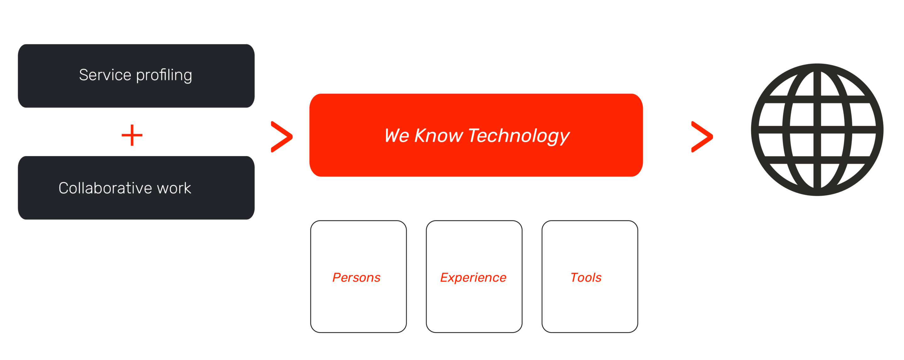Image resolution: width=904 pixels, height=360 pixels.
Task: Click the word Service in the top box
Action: tap(105, 75)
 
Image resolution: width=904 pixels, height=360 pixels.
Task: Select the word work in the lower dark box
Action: tap(174, 188)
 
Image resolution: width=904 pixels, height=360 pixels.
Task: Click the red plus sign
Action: tap(132, 135)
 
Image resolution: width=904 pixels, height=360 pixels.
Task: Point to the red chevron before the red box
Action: tap(282, 137)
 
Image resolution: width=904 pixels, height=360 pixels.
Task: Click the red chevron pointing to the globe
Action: tap(702, 137)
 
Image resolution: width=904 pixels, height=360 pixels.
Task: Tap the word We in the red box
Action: tap(397, 136)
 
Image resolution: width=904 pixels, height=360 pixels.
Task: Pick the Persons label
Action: tap(356, 277)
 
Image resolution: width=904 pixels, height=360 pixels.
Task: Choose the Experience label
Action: tap(473, 278)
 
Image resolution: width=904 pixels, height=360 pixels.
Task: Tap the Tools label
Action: tap(586, 277)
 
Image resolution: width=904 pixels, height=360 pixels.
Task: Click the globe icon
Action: tap(817, 130)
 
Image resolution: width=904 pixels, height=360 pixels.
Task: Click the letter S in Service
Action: tap(84, 75)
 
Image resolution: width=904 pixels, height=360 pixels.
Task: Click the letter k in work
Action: tap(187, 188)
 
